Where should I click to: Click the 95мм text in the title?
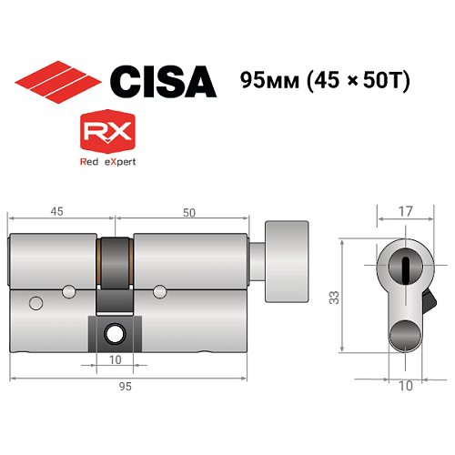pos(268,82)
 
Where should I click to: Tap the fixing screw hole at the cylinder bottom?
pos(115,332)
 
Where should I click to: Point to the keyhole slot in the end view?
pos(404,266)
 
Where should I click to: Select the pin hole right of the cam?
pos(160,291)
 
